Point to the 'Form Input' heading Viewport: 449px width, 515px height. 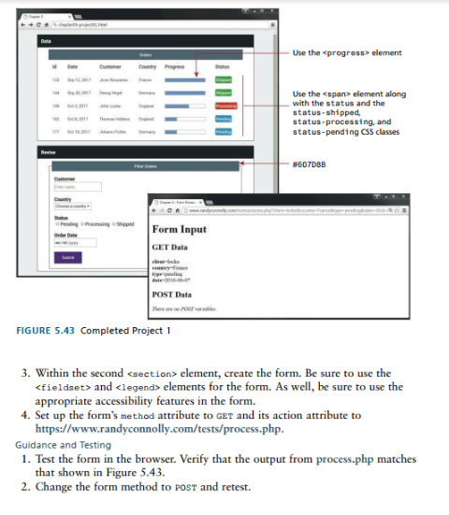coord(180,229)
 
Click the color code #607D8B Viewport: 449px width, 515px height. coord(310,165)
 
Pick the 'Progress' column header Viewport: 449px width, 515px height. coord(174,67)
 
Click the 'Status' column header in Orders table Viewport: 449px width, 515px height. coord(223,67)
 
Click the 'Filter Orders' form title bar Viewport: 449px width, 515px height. coord(145,165)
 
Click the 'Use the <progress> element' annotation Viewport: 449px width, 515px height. coord(347,53)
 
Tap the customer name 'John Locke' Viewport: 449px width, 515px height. coord(110,107)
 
